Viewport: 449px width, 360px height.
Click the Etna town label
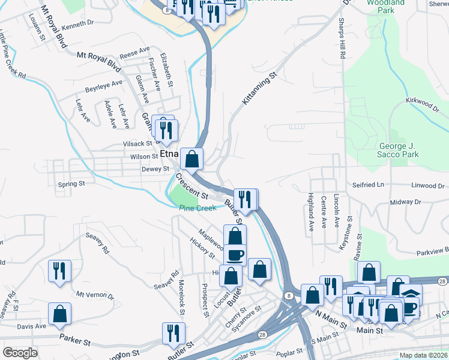point(169,155)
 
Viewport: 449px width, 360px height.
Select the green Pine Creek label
point(197,208)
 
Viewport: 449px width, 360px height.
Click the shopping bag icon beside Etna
point(191,159)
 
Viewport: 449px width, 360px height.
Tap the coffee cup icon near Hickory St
point(235,254)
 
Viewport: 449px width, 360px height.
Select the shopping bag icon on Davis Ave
point(60,313)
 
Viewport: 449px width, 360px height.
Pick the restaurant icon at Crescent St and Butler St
point(245,199)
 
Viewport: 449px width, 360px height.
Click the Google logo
point(20,353)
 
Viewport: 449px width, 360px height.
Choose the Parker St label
point(74,339)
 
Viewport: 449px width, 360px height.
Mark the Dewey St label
point(155,169)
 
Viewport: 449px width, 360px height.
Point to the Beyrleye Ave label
point(103,86)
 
